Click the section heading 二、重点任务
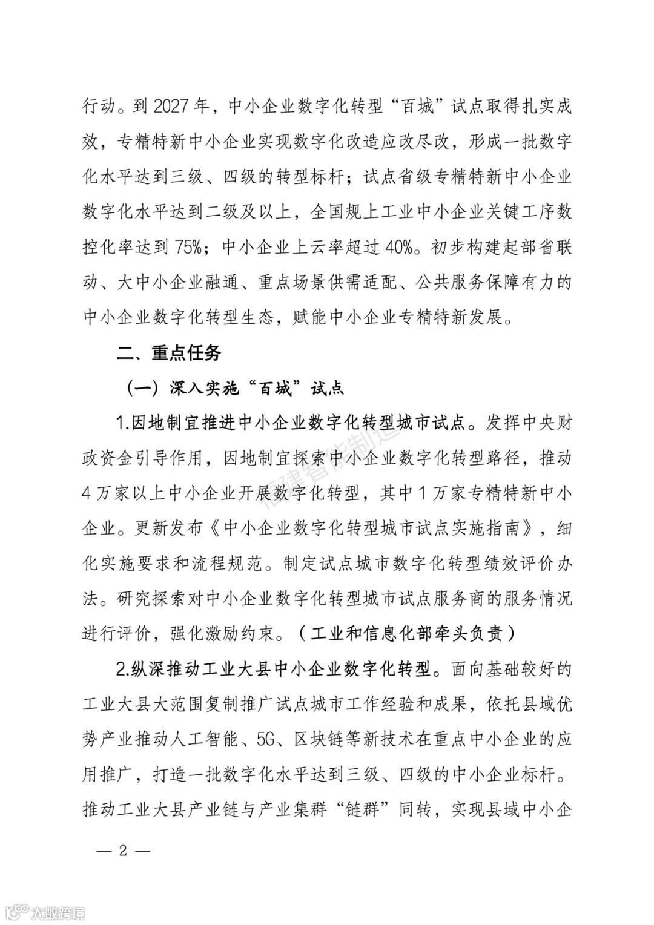[x=169, y=353]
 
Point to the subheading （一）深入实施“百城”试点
[x=235, y=388]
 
